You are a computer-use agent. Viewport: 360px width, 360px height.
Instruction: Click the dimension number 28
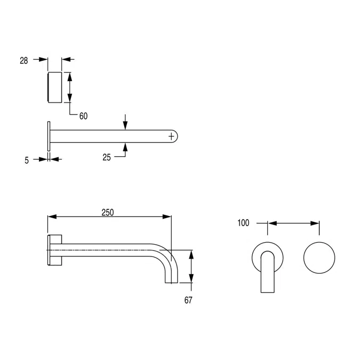tap(24, 60)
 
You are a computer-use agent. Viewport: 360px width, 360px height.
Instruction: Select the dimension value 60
tap(83, 116)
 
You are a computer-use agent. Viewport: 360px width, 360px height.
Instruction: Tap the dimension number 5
tap(27, 159)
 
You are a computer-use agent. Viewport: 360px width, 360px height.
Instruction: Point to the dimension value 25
tap(107, 157)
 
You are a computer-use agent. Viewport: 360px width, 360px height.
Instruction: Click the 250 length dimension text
tap(108, 212)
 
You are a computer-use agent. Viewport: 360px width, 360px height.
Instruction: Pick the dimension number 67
tap(188, 300)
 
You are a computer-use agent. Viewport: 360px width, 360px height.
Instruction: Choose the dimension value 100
tap(243, 223)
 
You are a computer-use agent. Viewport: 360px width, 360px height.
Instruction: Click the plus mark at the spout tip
tap(171, 137)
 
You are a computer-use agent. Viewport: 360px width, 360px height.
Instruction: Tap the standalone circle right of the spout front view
tap(319, 258)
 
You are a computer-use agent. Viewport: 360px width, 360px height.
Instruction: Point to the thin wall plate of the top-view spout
tap(49, 137)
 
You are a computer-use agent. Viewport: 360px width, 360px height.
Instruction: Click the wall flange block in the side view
tap(55, 250)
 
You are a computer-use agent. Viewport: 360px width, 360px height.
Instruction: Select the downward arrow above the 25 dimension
tap(125, 123)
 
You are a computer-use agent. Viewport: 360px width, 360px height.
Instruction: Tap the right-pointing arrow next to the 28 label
tap(41, 60)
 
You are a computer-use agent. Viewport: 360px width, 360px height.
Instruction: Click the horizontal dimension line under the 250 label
tap(109, 217)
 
